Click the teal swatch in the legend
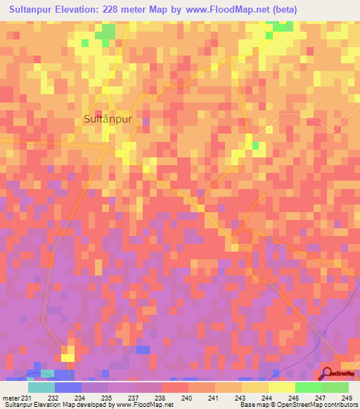click(x=41, y=387)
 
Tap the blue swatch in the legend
click(x=68, y=387)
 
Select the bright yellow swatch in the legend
click(x=281, y=387)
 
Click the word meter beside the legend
click(x=11, y=397)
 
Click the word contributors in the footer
click(x=339, y=405)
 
